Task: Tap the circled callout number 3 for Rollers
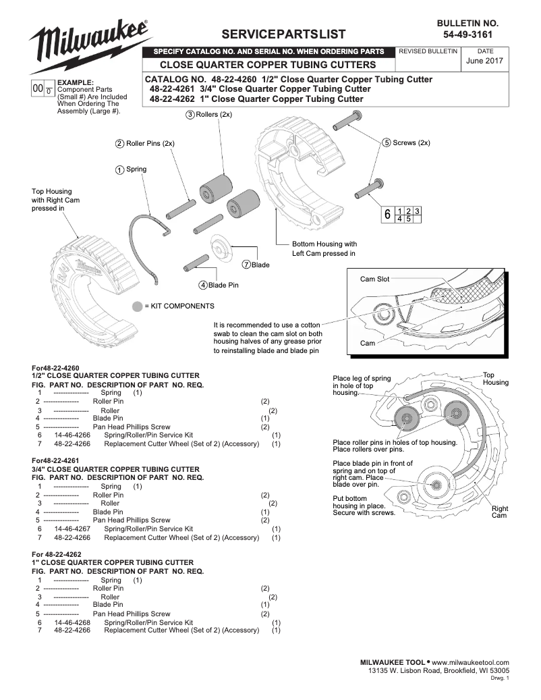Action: pos(190,115)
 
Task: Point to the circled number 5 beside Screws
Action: pos(386,142)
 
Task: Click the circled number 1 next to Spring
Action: pos(119,169)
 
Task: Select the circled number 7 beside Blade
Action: pos(246,265)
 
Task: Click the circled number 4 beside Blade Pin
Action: pos(202,286)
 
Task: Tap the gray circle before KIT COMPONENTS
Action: pos(138,306)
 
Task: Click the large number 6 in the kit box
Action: pos(387,215)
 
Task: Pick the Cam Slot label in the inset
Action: pos(374,278)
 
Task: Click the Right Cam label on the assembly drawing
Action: pos(499,512)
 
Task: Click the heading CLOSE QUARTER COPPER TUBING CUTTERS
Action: pos(267,65)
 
